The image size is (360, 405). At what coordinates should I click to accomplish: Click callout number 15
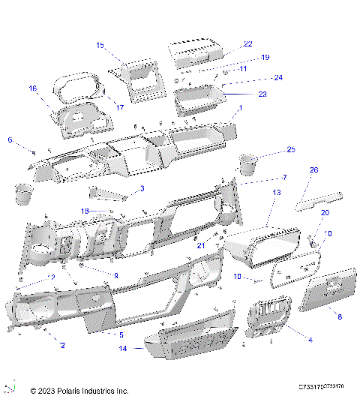pos(100,46)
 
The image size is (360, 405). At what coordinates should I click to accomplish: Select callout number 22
pos(248,44)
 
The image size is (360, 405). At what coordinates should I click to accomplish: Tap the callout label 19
pos(244,58)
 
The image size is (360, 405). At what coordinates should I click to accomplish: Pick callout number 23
pos(262,94)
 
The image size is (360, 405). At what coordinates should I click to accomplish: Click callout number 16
pos(32,88)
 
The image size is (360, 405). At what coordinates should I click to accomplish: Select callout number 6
pos(10,139)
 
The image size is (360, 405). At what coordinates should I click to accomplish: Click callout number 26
pos(314,170)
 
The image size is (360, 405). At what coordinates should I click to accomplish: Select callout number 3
pos(142,188)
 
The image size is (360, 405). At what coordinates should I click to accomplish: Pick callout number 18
pos(85,211)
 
